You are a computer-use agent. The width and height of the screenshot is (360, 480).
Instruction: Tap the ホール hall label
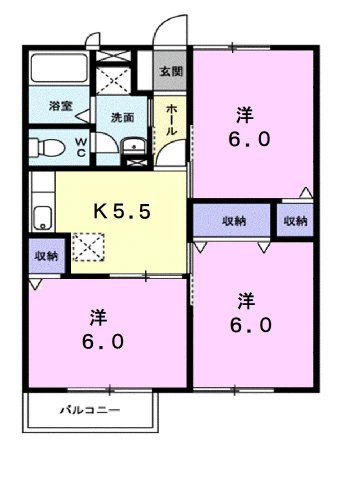[x=171, y=120]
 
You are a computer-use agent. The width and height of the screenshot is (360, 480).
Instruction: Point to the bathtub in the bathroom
[x=58, y=70]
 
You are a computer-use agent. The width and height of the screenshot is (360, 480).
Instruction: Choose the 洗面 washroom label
[x=122, y=117]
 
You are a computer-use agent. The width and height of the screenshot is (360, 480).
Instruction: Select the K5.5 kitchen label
[x=122, y=211]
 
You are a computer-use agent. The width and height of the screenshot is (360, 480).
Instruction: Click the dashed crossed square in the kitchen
[x=87, y=247]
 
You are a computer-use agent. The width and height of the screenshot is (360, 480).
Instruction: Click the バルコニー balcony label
[x=87, y=410]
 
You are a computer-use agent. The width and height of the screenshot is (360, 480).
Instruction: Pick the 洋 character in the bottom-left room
[x=98, y=318]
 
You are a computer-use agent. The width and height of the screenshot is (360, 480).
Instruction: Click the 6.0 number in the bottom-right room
[x=246, y=324]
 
